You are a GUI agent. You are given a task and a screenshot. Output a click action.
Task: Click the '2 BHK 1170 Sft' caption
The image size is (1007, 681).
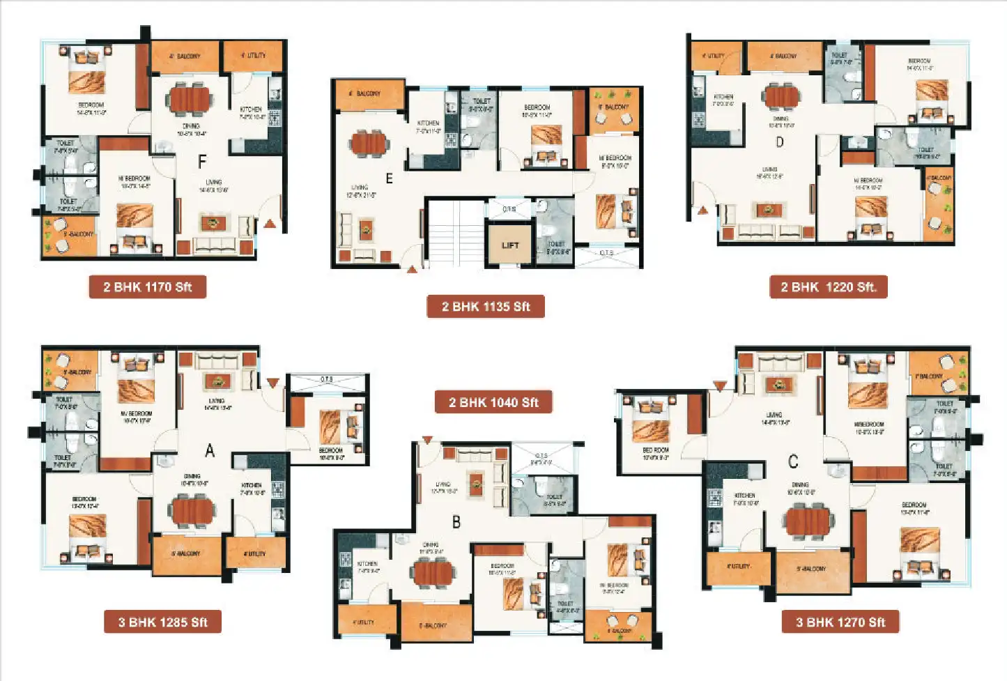tap(147, 287)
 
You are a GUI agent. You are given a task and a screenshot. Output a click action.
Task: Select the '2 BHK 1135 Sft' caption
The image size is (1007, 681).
tap(486, 307)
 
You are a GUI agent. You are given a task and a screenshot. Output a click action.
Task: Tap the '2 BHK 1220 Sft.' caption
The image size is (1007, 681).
tap(828, 287)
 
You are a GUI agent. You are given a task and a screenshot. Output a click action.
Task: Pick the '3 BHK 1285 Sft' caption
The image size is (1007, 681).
tap(162, 622)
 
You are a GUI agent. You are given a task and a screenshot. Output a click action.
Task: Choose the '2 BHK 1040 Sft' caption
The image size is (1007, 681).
tap(493, 402)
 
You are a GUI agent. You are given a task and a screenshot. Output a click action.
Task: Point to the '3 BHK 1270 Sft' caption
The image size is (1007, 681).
tap(840, 622)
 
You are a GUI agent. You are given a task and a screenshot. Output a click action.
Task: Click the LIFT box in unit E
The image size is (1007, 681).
tap(510, 245)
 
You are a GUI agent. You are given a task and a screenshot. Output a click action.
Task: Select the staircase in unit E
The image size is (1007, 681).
tap(454, 233)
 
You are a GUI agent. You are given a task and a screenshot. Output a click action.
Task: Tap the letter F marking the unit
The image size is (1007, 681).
tap(202, 162)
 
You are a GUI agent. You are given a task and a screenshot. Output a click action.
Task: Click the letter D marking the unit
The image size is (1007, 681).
tap(779, 142)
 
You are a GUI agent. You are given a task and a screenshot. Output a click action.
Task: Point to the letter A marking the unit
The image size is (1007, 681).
tap(209, 452)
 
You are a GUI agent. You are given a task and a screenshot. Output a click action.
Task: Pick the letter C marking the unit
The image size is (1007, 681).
tap(793, 461)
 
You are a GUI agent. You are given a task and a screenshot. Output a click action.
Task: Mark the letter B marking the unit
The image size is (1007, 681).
tap(456, 522)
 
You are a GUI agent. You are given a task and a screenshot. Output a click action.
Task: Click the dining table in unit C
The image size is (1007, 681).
tap(808, 521)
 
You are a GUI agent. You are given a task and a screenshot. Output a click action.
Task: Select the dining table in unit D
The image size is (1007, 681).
tap(781, 95)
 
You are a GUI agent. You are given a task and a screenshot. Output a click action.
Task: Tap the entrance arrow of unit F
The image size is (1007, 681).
tap(270, 224)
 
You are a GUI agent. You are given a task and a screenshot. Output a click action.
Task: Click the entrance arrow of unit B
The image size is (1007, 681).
tap(427, 440)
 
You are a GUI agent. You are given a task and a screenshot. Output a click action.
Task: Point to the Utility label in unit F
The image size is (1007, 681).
tap(254, 56)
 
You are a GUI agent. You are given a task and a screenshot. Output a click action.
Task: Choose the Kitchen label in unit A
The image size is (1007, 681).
tap(252, 485)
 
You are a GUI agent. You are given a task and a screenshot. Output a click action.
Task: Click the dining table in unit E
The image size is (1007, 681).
tap(369, 143)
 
